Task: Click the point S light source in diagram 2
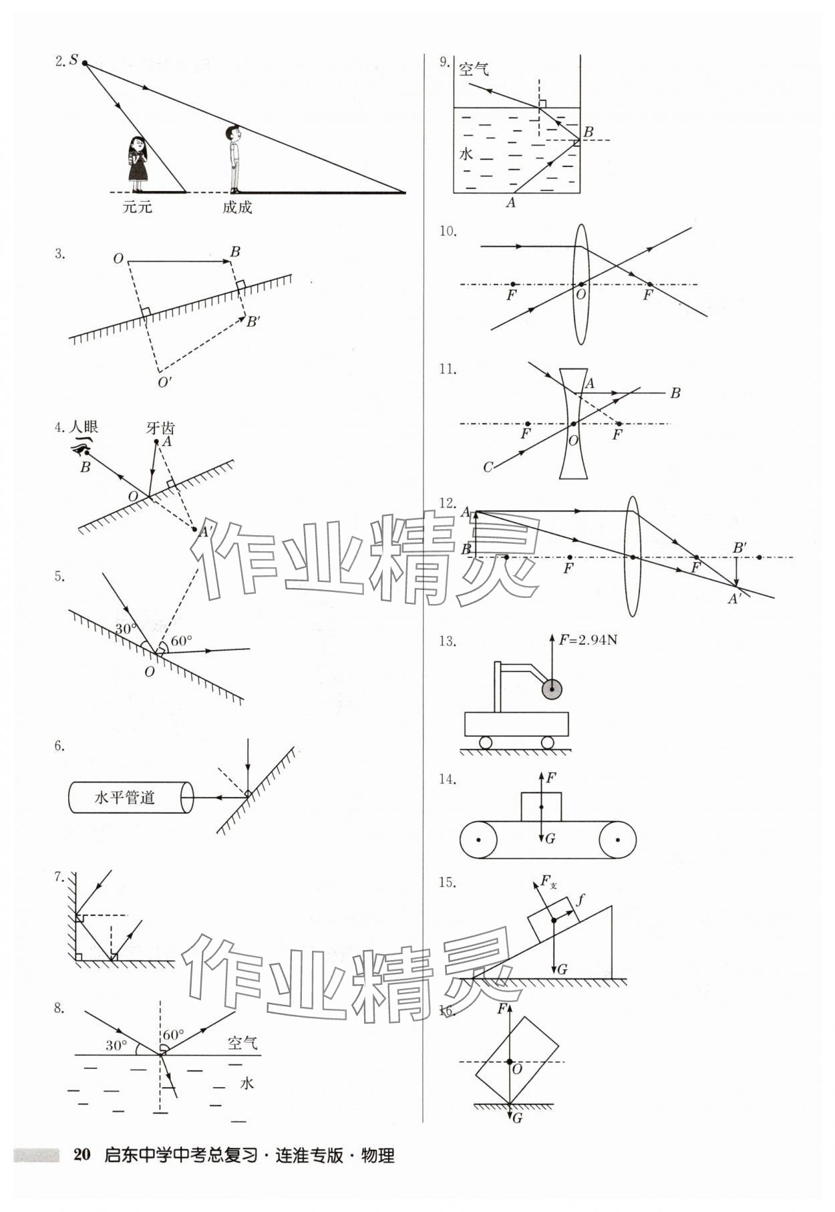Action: [x=84, y=63]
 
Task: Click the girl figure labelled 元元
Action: [x=138, y=163]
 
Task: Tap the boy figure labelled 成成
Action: [x=234, y=159]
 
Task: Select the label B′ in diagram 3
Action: [x=253, y=322]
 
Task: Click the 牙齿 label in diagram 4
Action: [x=160, y=428]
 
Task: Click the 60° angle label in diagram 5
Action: [x=181, y=641]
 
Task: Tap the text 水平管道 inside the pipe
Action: [x=125, y=797]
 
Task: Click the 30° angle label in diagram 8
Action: [x=116, y=1046]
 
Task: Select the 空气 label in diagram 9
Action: [x=473, y=69]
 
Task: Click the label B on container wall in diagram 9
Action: [x=588, y=132]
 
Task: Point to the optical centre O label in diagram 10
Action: [x=581, y=295]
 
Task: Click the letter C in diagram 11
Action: [x=488, y=467]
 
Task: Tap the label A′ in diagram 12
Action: [x=734, y=599]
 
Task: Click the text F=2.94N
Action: [x=589, y=640]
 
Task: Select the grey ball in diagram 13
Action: [x=552, y=688]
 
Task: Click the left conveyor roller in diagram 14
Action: [x=478, y=840]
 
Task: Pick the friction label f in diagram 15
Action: [x=580, y=899]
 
